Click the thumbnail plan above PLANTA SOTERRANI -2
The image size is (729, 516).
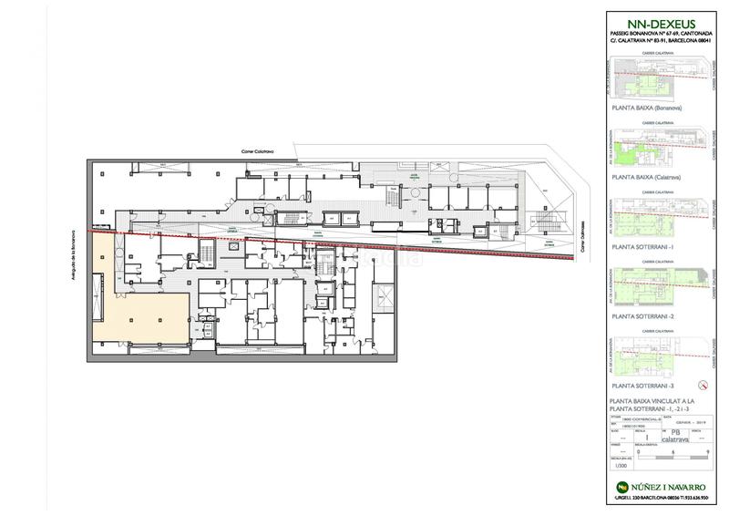pyautogui.click(x=659, y=287)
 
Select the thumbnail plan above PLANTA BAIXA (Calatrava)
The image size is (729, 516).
pyautogui.click(x=659, y=148)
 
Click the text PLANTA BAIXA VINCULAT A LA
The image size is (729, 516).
pyautogui.click(x=653, y=401)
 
